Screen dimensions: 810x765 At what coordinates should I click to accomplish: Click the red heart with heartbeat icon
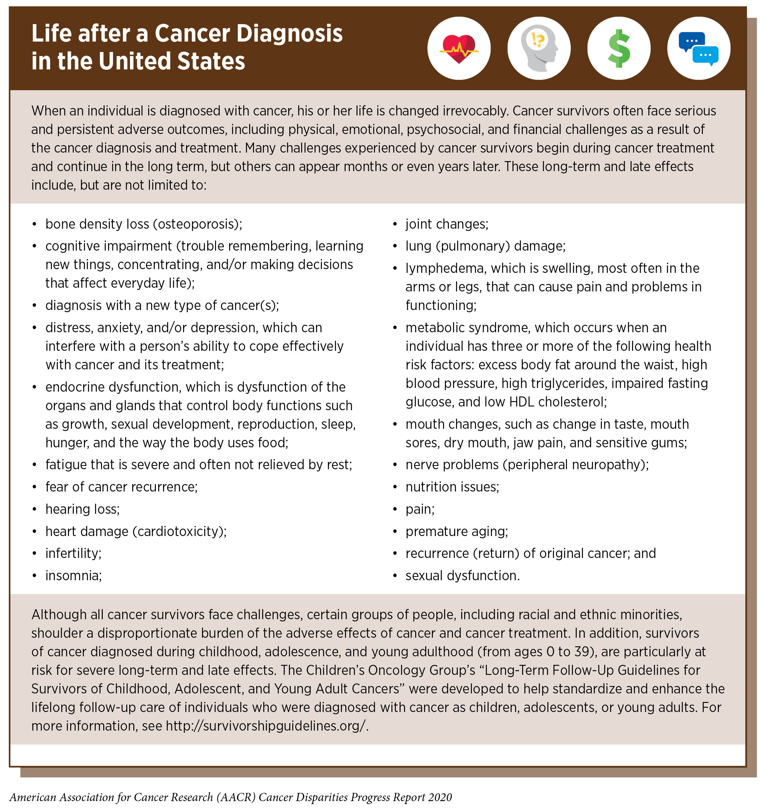[x=459, y=49]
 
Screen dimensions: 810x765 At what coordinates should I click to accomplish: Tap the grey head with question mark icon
[x=539, y=49]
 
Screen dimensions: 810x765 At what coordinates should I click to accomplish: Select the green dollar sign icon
[x=619, y=49]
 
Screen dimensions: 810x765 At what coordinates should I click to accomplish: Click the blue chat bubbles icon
[x=699, y=49]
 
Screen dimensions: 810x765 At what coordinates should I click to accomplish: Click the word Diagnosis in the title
[x=289, y=33]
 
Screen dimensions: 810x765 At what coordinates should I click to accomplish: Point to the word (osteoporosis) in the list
[x=197, y=224]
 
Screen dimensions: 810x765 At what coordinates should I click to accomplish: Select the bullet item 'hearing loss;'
[x=82, y=509]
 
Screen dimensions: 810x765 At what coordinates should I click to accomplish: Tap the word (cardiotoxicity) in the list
[x=179, y=531]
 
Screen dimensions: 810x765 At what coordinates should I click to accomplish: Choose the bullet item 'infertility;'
[x=74, y=553]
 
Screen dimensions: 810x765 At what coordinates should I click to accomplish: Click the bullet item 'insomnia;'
[x=74, y=576]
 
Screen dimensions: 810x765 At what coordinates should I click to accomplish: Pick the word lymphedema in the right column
[x=445, y=268]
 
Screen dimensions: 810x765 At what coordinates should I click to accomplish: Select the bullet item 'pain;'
[x=420, y=509]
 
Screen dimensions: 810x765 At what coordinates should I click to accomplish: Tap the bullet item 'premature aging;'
[x=457, y=531]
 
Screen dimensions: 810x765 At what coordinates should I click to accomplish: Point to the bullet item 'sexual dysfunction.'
[x=462, y=576]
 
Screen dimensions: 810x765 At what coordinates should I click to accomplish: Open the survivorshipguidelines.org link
[x=267, y=726]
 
